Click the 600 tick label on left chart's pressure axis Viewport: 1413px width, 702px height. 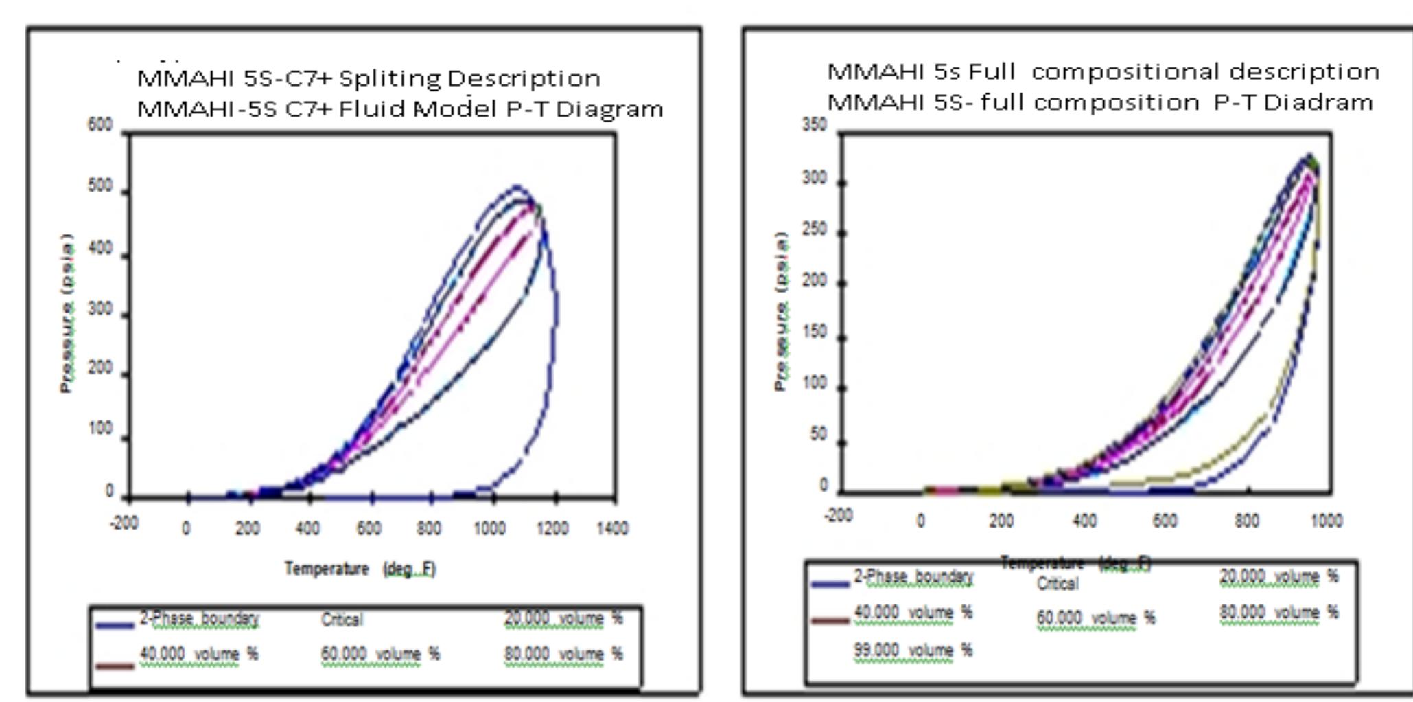tap(100, 125)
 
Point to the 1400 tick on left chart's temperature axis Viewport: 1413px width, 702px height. tap(612, 528)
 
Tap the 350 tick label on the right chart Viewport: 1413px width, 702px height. tap(815, 124)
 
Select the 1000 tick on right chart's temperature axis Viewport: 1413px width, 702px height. tap(1326, 521)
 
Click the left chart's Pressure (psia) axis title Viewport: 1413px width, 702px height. tap(67, 313)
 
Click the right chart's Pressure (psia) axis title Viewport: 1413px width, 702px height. tap(780, 311)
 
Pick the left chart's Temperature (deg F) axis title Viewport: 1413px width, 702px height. tap(360, 569)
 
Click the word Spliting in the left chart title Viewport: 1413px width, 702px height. tap(390, 78)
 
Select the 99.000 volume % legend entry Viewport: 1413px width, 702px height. tap(913, 650)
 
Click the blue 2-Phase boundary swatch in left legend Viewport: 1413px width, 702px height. tap(115, 625)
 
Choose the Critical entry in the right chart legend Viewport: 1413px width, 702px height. tap(1058, 584)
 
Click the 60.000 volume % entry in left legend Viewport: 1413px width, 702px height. tap(380, 654)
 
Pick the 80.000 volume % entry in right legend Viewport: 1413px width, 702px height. tap(1278, 612)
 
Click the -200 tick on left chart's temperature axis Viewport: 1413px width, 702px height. tap(124, 523)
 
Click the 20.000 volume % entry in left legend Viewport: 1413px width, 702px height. tap(563, 619)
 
